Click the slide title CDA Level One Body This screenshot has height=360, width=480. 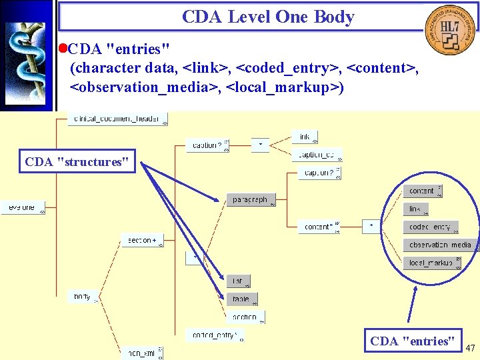(268, 17)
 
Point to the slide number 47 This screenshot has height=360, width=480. (470, 348)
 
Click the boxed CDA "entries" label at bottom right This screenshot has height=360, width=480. (413, 341)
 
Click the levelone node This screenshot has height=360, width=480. (22, 207)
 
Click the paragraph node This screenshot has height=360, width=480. (251, 200)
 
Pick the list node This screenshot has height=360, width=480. (238, 281)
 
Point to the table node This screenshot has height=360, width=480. (241, 299)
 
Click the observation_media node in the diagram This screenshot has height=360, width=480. (440, 245)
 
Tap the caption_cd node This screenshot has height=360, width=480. (317, 155)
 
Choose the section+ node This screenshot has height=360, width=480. (141, 240)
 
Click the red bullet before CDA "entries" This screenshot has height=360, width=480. (63, 49)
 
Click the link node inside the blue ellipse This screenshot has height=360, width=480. (415, 209)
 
